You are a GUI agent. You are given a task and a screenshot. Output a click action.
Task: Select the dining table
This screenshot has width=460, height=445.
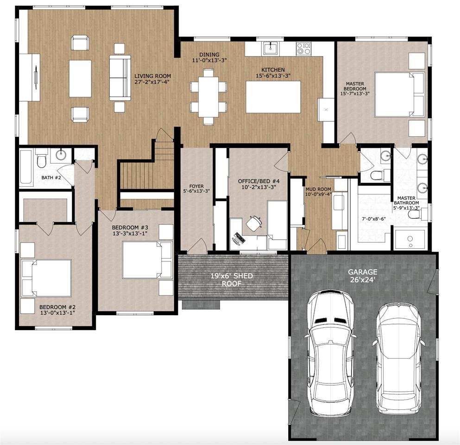(x=208, y=96)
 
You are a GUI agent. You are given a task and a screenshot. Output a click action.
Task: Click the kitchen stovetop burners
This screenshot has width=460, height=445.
(x=303, y=47)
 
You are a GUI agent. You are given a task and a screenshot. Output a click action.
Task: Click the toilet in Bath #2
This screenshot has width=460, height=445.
(x=42, y=160)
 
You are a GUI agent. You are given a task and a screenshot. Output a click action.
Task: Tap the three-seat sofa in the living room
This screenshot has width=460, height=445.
(x=120, y=78)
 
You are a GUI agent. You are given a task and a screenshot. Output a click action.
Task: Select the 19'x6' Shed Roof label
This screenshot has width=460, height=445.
(x=232, y=280)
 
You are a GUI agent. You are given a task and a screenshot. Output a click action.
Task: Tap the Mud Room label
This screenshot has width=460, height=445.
(x=318, y=191)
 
